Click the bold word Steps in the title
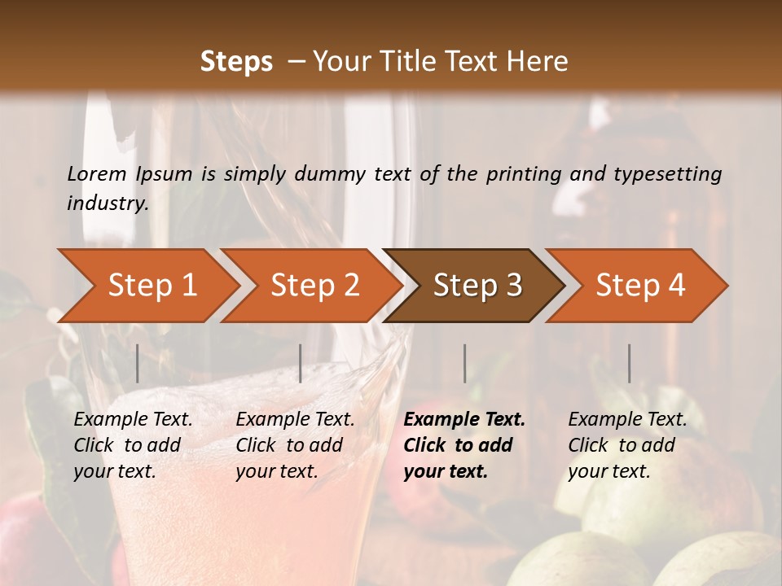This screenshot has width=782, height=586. click(x=236, y=62)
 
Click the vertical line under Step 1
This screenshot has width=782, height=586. click(x=138, y=363)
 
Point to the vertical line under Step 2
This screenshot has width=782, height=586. click(x=301, y=363)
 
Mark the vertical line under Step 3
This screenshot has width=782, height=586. click(x=465, y=363)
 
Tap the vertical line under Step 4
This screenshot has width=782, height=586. click(x=629, y=363)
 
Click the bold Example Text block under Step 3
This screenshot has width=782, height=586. click(x=464, y=445)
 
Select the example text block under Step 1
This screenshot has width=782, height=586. click(x=133, y=445)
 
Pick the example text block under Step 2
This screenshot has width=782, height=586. click(x=295, y=445)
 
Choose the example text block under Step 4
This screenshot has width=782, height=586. click(x=627, y=445)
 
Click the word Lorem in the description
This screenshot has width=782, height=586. click(x=97, y=173)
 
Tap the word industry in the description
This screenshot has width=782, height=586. click(x=108, y=203)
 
